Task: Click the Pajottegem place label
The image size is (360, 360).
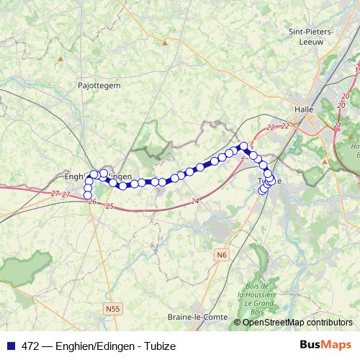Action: point(99,84)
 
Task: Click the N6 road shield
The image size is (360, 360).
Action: point(222,254)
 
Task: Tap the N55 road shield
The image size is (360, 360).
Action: point(110,309)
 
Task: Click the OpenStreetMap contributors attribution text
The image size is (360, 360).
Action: point(298,323)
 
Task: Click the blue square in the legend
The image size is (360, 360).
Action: point(12,346)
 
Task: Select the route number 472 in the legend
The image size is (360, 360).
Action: point(30,346)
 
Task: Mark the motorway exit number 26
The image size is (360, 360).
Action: point(91,202)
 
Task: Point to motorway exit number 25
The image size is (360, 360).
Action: point(109,207)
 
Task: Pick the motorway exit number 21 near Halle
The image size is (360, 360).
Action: point(336,125)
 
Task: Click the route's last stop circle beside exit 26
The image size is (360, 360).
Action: point(89,195)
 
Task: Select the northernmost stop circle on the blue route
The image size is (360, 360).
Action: point(244,145)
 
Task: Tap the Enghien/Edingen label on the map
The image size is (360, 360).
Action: point(98,176)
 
